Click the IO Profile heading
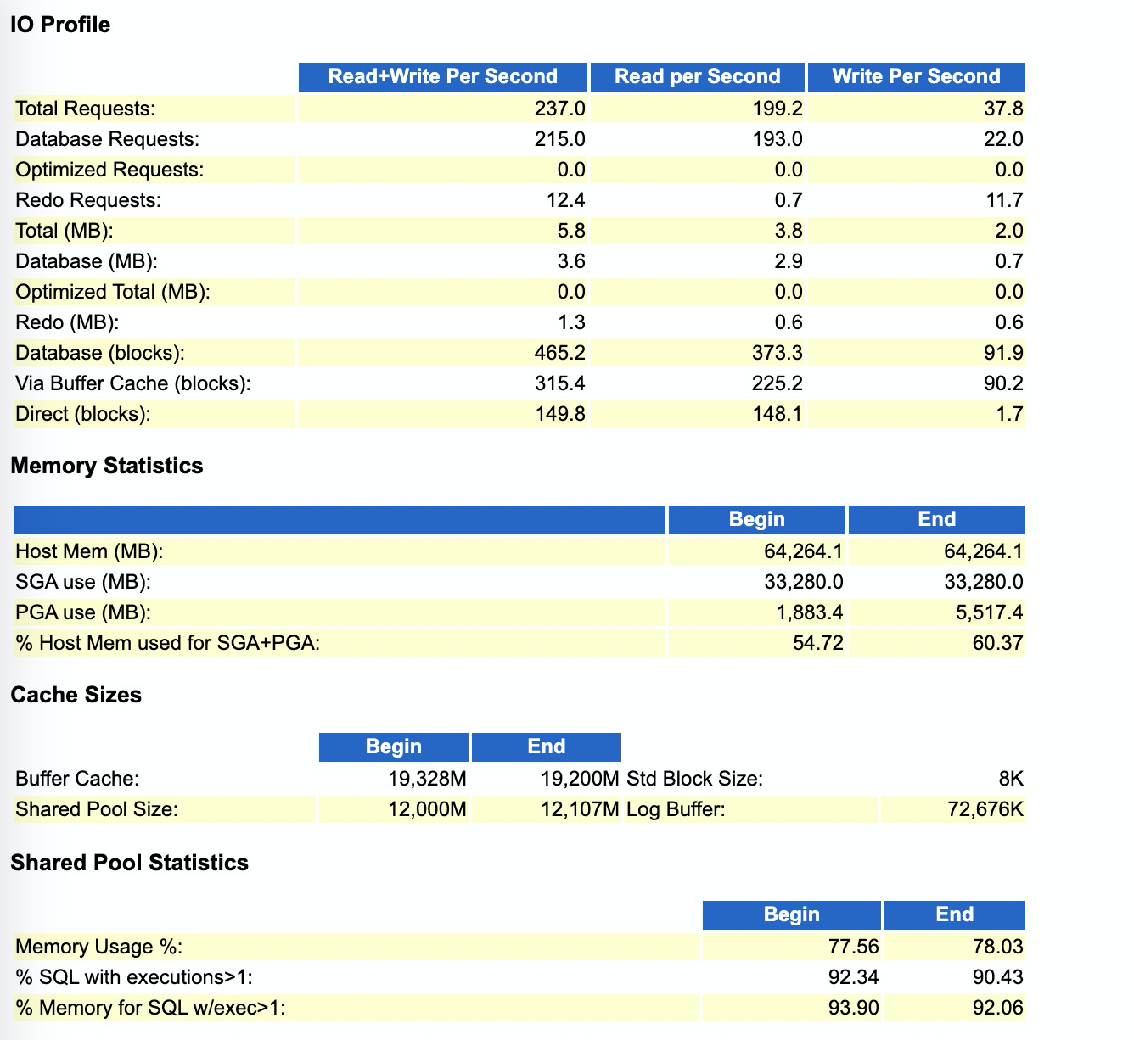click(x=60, y=25)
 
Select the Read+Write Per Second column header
click(x=442, y=76)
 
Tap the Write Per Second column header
click(x=916, y=76)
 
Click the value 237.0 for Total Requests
click(x=559, y=109)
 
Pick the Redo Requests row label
click(x=88, y=200)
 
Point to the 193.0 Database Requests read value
click(x=778, y=139)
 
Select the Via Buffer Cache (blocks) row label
click(x=133, y=383)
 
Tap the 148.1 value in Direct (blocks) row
click(x=778, y=414)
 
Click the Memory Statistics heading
click(x=107, y=466)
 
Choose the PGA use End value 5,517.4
click(x=990, y=612)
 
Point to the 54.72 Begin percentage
click(x=818, y=643)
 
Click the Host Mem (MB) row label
click(x=89, y=551)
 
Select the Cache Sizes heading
click(x=76, y=695)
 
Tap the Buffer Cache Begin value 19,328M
click(x=427, y=779)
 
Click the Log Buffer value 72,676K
click(x=985, y=808)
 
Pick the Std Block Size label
click(x=695, y=779)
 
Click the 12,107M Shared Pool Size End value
click(x=580, y=808)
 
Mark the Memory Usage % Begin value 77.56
click(x=854, y=946)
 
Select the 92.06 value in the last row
click(x=997, y=1007)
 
